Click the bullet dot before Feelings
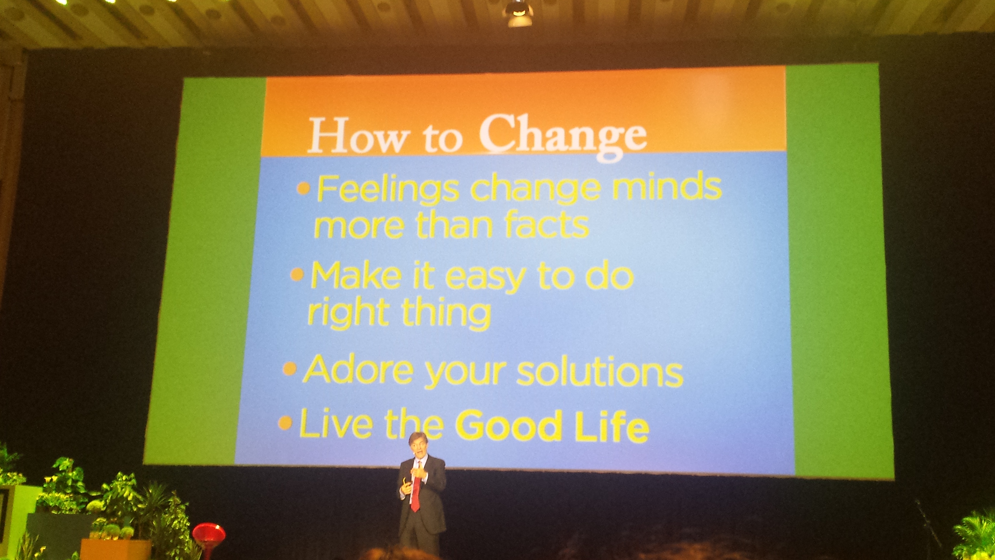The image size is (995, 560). click(304, 188)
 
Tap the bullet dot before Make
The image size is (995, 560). click(297, 275)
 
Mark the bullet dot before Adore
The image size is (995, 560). click(289, 369)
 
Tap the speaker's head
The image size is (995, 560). click(418, 444)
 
